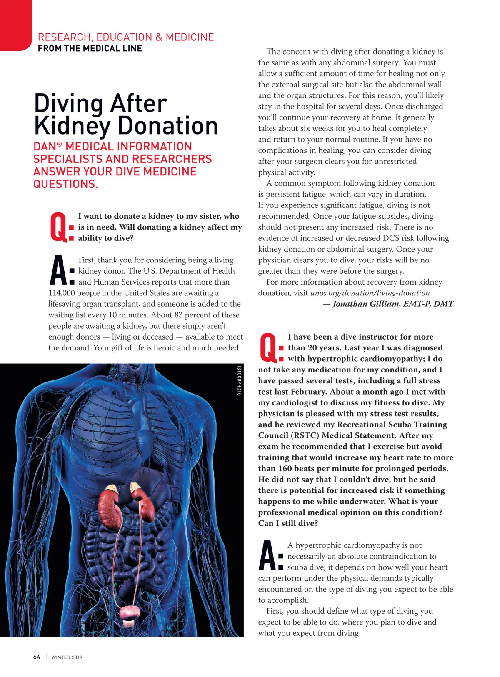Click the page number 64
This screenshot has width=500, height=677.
(37, 657)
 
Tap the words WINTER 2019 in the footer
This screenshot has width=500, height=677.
(67, 657)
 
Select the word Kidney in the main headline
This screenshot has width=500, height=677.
(72, 126)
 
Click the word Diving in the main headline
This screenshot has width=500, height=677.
(68, 103)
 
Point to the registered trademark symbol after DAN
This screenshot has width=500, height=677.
(60, 144)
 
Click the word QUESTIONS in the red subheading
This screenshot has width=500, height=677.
(65, 184)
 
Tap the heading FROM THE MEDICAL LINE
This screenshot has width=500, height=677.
(90, 48)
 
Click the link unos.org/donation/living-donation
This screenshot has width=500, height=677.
(370, 293)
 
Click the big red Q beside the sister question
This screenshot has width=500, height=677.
(57, 227)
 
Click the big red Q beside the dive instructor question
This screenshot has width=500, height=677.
(267, 347)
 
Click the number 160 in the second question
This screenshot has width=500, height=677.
(285, 468)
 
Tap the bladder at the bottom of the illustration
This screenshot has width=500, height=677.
(130, 612)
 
